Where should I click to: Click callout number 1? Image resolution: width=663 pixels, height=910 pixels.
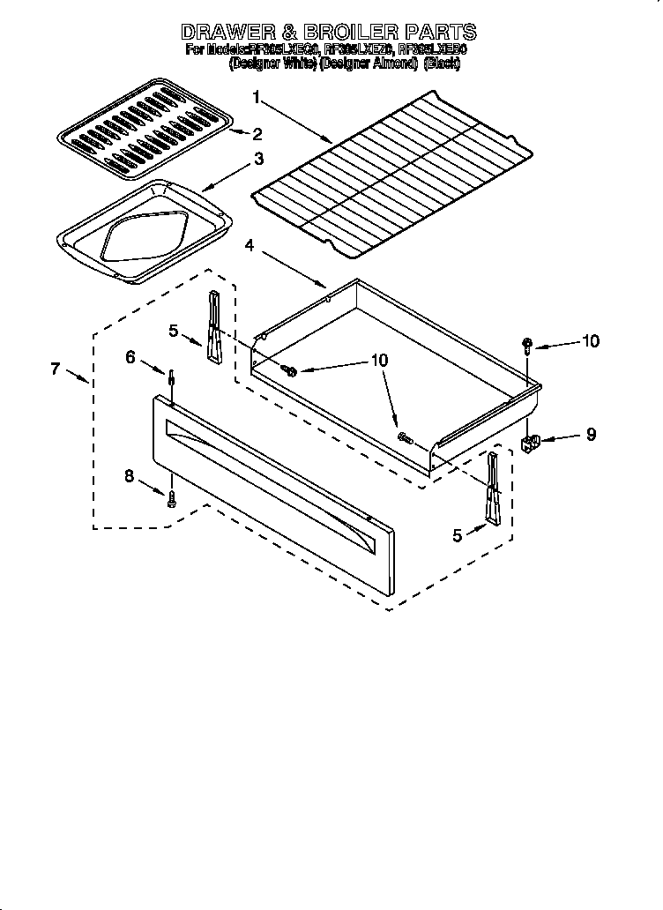[x=256, y=97]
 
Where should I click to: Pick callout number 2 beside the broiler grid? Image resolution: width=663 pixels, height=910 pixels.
[x=257, y=134]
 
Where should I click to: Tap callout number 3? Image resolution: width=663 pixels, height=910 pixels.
[x=258, y=159]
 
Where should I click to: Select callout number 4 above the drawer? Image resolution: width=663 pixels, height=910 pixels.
[x=250, y=248]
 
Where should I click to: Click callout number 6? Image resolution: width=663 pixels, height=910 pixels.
[x=130, y=356]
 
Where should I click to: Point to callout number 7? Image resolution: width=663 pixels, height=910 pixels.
[x=56, y=369]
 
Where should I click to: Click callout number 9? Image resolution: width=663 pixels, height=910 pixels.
[x=590, y=434]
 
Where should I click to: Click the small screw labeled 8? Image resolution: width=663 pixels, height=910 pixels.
[x=172, y=498]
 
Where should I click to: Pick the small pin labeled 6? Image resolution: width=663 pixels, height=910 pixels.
[x=170, y=380]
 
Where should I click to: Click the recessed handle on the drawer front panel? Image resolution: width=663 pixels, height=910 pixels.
[x=273, y=476]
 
